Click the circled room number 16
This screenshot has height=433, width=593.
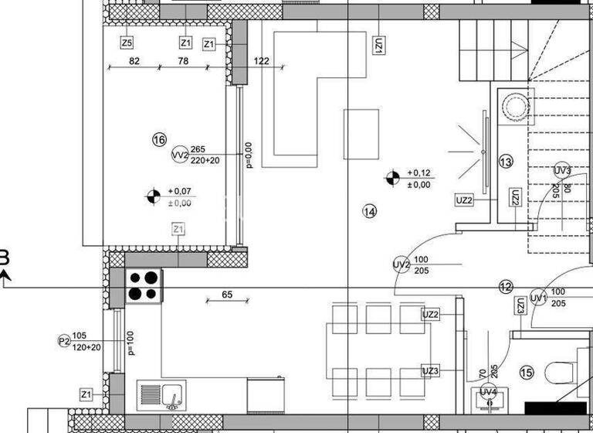[x=159, y=140]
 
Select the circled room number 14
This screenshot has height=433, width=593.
[x=369, y=210]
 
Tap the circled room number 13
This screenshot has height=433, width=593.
[x=506, y=162]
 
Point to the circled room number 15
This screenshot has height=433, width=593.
[x=526, y=373]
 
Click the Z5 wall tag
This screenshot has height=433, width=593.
[x=127, y=42]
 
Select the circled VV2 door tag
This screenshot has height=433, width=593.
[x=179, y=155]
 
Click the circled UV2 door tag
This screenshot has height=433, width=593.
[x=401, y=264]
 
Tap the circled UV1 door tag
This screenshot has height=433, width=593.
[x=538, y=298]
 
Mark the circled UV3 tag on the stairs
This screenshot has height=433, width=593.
[x=562, y=170]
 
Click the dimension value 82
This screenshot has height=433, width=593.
[x=135, y=61]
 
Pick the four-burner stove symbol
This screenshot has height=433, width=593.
[x=144, y=285]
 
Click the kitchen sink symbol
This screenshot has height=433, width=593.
[x=161, y=396]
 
